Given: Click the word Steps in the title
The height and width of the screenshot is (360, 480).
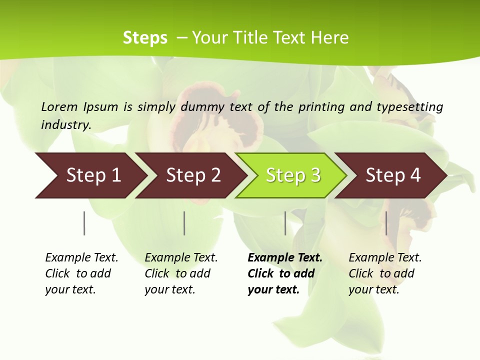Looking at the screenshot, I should pyautogui.click(x=145, y=38).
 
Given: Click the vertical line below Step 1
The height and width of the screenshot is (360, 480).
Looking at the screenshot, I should pyautogui.click(x=84, y=223).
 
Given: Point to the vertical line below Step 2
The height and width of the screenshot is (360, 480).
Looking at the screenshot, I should pyautogui.click(x=184, y=223).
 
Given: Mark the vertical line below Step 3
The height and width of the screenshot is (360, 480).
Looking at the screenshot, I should pyautogui.click(x=285, y=223).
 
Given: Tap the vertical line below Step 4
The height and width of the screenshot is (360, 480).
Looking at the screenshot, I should pyautogui.click(x=386, y=223).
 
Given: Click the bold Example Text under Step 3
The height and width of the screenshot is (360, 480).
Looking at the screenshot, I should pyautogui.click(x=285, y=258).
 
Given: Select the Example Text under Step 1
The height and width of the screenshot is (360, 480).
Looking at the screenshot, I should pyautogui.click(x=81, y=258).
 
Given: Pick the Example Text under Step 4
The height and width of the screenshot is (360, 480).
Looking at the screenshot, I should pyautogui.click(x=385, y=258).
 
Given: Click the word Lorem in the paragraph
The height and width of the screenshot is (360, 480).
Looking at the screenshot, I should pyautogui.click(x=59, y=106).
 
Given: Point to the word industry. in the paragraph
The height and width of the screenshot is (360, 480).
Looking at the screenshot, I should pyautogui.click(x=66, y=125).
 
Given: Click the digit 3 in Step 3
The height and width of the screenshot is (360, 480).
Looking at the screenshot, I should pyautogui.click(x=315, y=175).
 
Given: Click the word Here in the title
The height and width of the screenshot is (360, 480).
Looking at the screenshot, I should pyautogui.click(x=330, y=38).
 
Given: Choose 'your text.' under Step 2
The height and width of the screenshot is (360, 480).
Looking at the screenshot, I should pyautogui.click(x=169, y=289).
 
